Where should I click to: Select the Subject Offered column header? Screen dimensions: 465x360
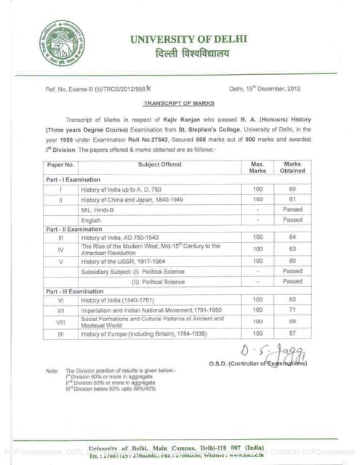tap(159, 165)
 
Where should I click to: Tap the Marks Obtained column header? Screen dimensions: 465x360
tap(292, 169)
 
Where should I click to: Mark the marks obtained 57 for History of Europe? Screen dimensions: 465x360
tap(292, 333)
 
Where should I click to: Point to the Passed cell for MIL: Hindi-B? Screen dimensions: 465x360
tap(292, 209)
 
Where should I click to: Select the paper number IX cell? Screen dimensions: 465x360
tap(61, 333)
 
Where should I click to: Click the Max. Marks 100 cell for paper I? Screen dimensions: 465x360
tap(257, 188)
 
